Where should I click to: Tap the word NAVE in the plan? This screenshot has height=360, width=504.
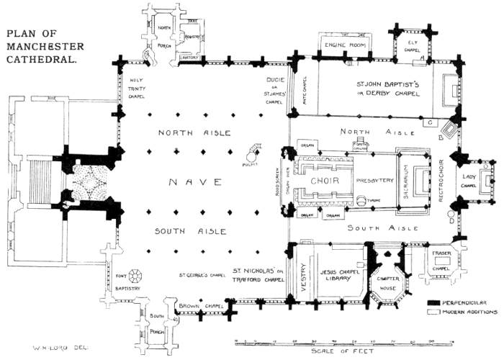[189, 182]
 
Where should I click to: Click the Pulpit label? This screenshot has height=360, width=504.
[251, 164]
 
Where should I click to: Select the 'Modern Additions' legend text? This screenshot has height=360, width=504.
[472, 312]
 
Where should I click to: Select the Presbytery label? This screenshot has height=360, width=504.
[373, 181]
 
